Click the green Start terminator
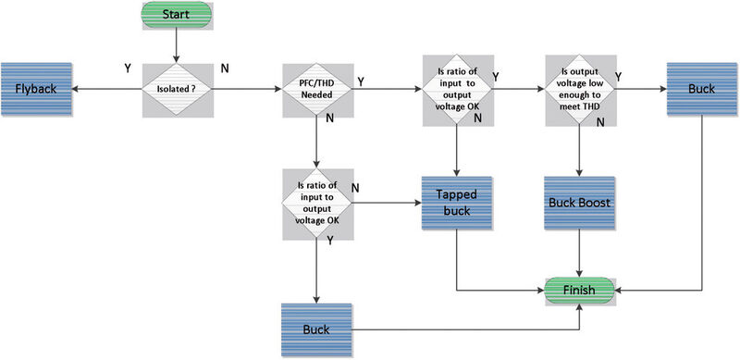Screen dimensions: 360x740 coord(176,16)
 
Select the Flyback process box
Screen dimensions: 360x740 coord(37,90)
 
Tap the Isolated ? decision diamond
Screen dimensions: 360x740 coord(176,90)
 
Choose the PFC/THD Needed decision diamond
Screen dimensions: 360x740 coord(316,90)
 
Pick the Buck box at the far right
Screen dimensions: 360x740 coord(700,90)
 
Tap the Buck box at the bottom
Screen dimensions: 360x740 coord(316,329)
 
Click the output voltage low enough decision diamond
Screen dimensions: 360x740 coord(578,90)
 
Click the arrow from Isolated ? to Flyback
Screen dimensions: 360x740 coord(106,90)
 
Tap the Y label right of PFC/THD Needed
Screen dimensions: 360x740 coord(361,81)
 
